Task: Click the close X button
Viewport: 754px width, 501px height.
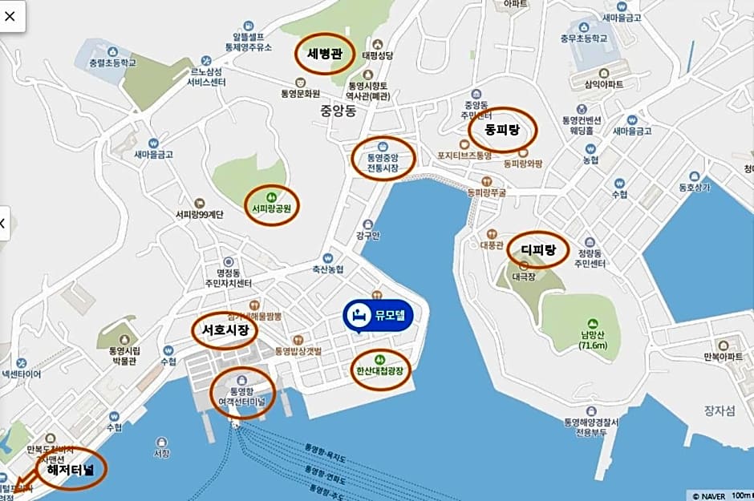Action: click(x=13, y=15)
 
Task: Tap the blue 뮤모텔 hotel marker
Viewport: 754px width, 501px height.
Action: click(x=378, y=315)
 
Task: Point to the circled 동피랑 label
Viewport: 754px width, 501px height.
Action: click(x=502, y=129)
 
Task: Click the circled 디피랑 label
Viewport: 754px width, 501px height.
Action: click(x=537, y=249)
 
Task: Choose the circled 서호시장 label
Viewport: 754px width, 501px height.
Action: click(x=225, y=329)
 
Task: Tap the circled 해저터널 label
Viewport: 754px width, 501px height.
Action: click(x=71, y=471)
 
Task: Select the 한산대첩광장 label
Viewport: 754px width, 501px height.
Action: click(x=380, y=371)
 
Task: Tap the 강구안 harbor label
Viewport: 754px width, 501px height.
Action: click(x=367, y=236)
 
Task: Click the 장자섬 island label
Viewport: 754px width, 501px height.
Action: click(x=720, y=410)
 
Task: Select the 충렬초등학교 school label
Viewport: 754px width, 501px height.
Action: click(x=113, y=60)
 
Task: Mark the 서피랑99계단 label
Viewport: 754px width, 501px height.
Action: click(x=200, y=214)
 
